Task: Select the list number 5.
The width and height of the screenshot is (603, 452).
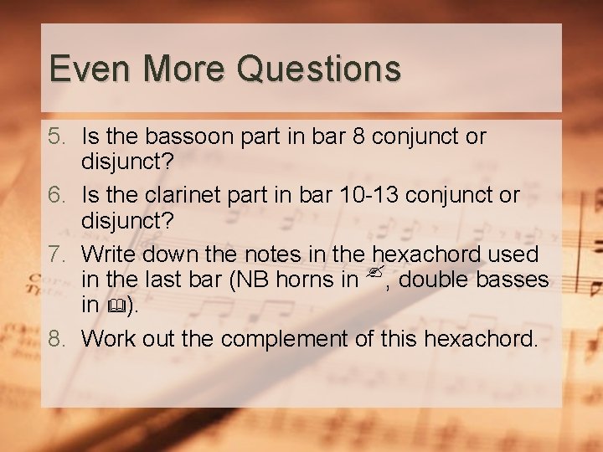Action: [55, 136]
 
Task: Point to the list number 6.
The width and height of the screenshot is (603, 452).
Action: [55, 196]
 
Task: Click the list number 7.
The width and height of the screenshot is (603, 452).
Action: [55, 254]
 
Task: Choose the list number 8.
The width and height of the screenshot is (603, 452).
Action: [55, 339]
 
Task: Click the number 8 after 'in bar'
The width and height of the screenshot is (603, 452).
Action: [358, 136]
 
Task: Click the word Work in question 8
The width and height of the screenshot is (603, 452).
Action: [107, 339]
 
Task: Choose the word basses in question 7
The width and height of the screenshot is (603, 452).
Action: [515, 280]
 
